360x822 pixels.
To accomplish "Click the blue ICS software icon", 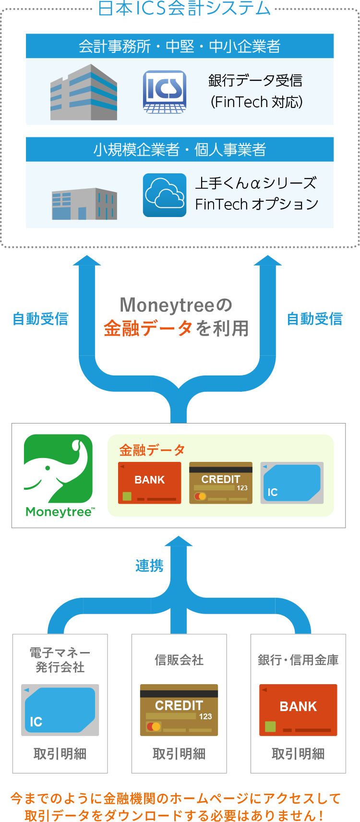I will (165, 92).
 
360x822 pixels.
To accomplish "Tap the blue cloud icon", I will (165, 195).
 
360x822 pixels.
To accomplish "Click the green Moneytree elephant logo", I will (59, 469).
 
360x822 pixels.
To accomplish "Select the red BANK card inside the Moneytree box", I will (150, 483).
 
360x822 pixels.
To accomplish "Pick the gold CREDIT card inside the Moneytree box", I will (221, 483).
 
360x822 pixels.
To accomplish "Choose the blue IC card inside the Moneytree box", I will (292, 483).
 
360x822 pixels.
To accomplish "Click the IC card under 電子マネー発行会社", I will (60, 710).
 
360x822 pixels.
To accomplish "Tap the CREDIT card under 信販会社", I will (179, 710).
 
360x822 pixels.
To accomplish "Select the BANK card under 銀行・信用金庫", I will (298, 710).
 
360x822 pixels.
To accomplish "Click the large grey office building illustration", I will (84, 93).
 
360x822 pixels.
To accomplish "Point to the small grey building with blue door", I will (84, 204).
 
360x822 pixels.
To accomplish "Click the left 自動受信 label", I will (40, 319).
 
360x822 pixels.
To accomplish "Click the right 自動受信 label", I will (315, 319).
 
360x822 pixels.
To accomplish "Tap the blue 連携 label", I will (149, 566).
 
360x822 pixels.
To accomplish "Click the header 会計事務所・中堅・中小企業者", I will (180, 46).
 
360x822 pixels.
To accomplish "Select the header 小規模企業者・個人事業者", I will (180, 150).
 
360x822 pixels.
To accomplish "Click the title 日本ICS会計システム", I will (184, 9).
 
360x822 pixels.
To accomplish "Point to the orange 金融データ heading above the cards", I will (152, 450).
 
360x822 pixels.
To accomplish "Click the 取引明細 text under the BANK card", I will (298, 754).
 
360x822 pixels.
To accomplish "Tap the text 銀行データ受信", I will (255, 81).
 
